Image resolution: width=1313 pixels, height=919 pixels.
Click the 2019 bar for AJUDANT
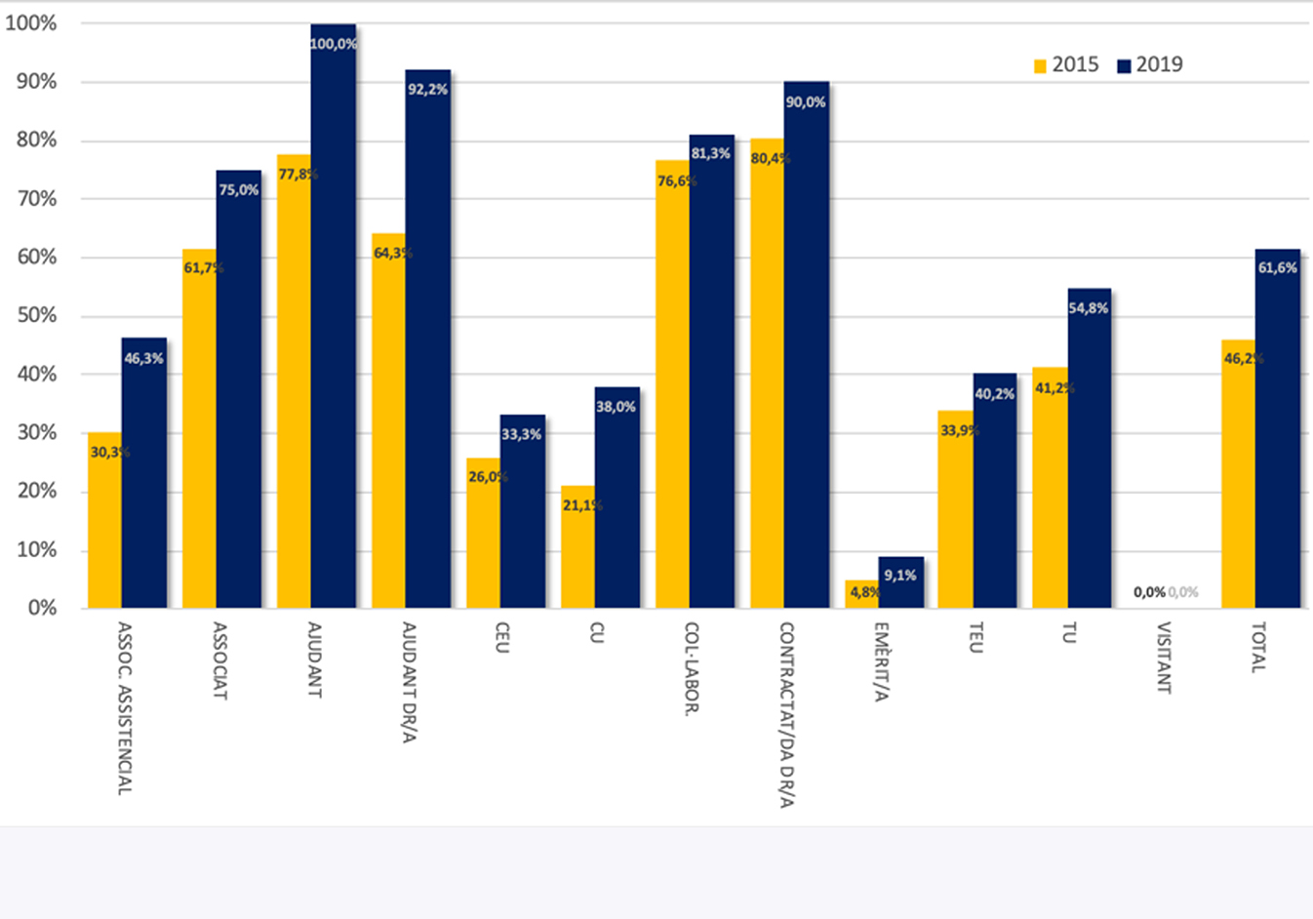point(334,322)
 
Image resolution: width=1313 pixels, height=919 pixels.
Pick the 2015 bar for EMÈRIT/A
point(862,597)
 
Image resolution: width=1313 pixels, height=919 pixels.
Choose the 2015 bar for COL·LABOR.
point(672,390)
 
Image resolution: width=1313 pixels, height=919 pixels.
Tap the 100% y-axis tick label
point(31,23)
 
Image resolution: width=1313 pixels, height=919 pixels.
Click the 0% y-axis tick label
point(42,608)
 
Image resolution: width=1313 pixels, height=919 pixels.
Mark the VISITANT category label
point(1163,658)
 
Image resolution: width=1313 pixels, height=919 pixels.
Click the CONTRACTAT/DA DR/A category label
point(786,715)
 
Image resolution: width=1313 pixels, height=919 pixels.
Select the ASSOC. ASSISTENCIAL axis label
point(124,708)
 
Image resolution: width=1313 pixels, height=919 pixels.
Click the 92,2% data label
point(427,90)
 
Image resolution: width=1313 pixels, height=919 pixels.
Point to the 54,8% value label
point(1089,308)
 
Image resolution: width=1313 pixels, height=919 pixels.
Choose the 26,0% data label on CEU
point(487,477)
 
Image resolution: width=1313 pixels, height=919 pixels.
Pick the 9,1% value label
point(899,576)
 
